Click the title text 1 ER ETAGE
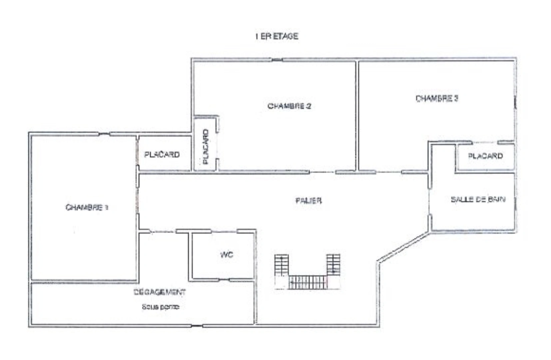tap(276, 36)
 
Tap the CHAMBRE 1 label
tap(87, 207)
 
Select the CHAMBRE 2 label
tap(289, 106)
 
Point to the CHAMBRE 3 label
tap(436, 98)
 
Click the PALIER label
tap(308, 200)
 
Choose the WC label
tap(227, 255)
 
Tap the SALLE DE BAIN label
tap(478, 199)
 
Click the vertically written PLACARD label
tap(206, 147)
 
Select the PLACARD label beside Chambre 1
tap(162, 154)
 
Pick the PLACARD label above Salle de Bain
tap(485, 156)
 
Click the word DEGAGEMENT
tap(160, 292)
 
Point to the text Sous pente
tap(160, 307)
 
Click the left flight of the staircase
tap(281, 265)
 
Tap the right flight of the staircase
tap(333, 265)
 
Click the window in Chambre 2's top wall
tap(277, 60)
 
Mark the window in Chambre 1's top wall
tap(104, 134)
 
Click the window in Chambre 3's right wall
tap(515, 102)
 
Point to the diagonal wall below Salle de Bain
tap(403, 247)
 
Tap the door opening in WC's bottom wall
tap(224, 280)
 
